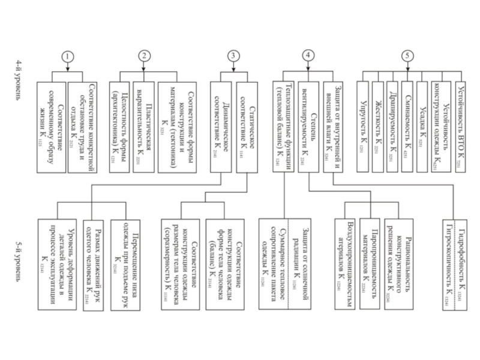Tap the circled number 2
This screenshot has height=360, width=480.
coord(144,56)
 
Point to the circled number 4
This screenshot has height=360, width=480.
coord(307,56)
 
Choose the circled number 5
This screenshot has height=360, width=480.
coord(408,56)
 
